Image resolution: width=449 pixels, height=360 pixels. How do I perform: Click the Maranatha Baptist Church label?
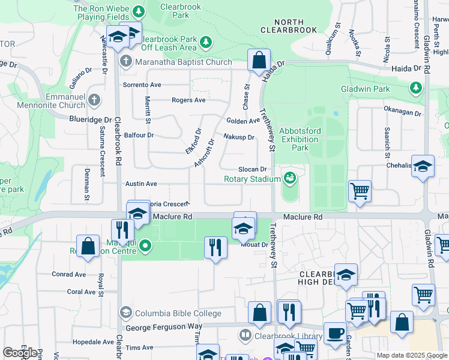(x=184, y=62)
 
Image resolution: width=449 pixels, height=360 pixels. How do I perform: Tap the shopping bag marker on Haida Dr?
(x=259, y=61)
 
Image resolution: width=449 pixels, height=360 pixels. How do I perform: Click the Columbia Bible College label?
(x=178, y=313)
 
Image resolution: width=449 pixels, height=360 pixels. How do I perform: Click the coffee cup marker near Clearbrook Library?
(x=335, y=333)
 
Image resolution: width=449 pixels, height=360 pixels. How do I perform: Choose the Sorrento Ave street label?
(x=142, y=85)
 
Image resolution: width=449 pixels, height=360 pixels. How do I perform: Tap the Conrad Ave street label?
(x=70, y=274)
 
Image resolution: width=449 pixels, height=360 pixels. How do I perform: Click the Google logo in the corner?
(x=20, y=352)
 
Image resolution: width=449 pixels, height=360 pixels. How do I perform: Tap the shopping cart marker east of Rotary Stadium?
(x=360, y=191)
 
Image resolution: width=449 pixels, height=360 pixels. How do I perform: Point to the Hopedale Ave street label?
(x=92, y=342)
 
